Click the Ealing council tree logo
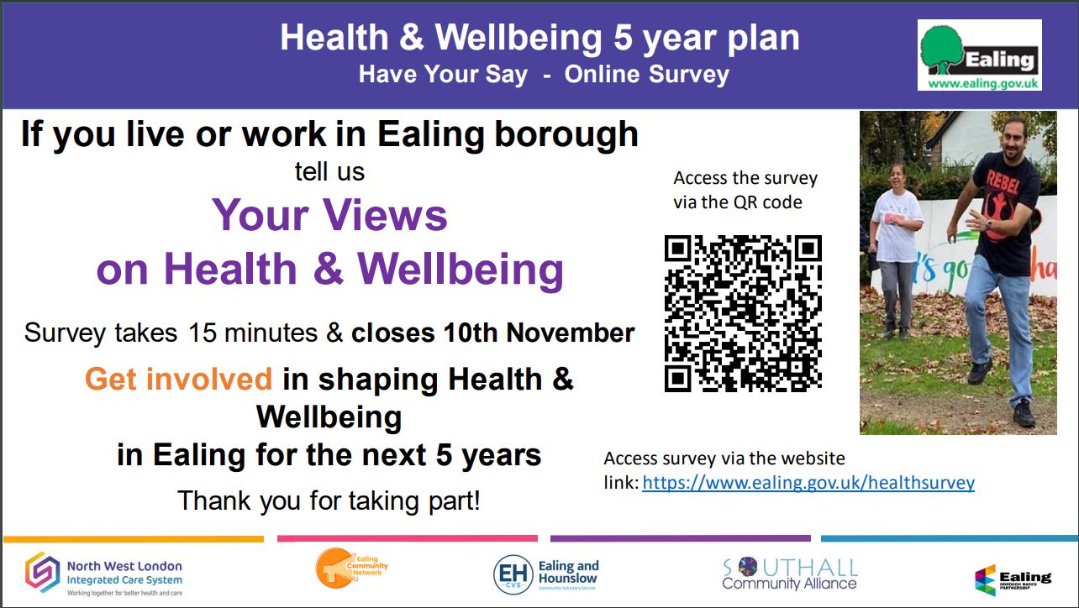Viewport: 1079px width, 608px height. pos(979,55)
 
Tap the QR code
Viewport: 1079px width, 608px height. pos(743,313)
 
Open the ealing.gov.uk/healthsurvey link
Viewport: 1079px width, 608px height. pos(808,483)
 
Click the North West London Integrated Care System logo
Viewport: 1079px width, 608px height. pos(104,574)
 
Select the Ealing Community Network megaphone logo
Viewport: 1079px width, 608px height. pos(351,568)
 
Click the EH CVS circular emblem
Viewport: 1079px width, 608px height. pos(513,574)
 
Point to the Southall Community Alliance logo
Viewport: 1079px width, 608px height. pos(790,574)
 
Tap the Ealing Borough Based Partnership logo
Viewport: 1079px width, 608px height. pos(1013,579)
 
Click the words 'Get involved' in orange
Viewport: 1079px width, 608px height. pos(179,379)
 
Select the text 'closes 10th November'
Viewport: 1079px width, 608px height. pos(492,333)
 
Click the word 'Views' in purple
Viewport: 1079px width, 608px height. pos(385,215)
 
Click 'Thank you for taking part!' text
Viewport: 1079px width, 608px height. pos(329,501)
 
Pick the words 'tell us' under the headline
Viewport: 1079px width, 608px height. pos(329,172)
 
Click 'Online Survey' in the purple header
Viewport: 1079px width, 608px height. pos(646,75)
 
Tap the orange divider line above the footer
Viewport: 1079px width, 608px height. pos(134,538)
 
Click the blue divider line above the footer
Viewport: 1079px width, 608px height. pos(949,538)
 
